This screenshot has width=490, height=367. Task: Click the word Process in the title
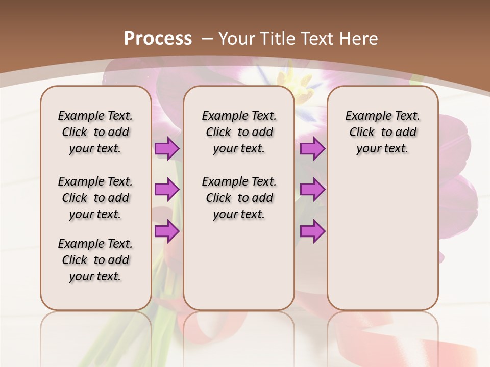point(158,38)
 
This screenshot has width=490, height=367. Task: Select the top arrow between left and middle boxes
point(167,149)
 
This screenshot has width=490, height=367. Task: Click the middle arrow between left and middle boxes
point(167,190)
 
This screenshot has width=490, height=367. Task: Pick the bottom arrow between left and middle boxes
point(167,231)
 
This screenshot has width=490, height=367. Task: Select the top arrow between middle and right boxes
point(312,149)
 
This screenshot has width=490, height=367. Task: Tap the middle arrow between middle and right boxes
point(312,190)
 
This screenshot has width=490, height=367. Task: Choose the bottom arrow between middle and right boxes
point(312,231)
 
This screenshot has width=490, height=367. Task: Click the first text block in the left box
point(95,132)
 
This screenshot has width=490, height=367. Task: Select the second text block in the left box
point(95,198)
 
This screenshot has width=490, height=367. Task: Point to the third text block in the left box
point(95,260)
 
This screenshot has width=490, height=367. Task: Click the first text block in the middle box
point(239,132)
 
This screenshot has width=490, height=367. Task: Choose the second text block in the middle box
point(239,198)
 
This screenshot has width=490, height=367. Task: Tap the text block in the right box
point(382,132)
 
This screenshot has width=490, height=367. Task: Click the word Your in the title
point(237,38)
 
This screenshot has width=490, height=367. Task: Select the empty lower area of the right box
point(382,245)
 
